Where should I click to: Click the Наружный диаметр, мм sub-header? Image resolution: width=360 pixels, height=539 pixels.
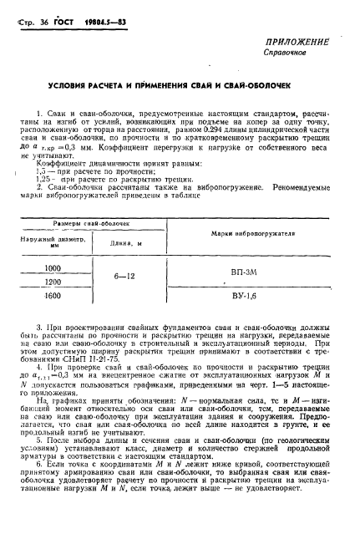pos(48,243)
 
